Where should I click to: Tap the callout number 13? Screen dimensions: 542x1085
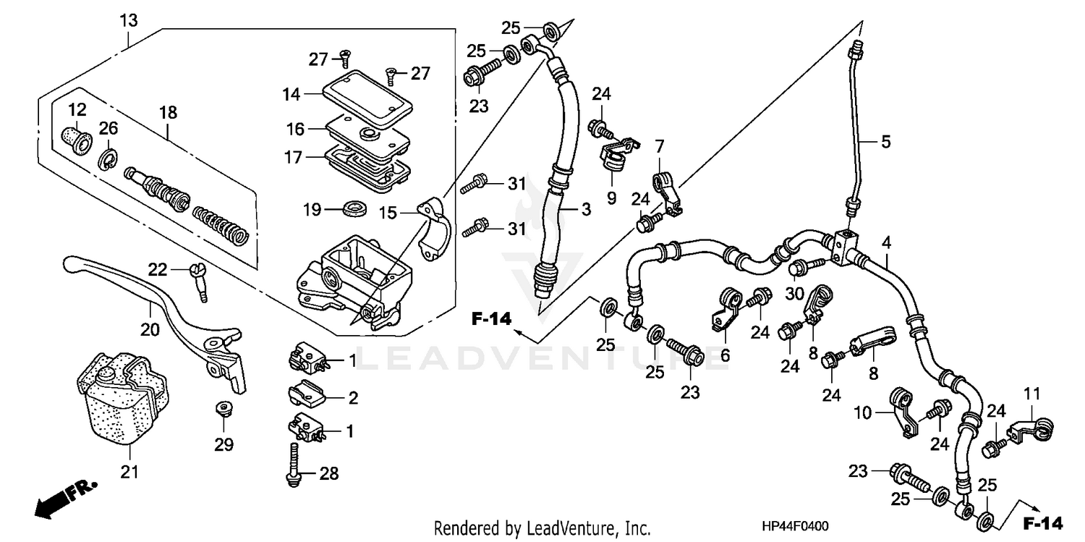(x=128, y=21)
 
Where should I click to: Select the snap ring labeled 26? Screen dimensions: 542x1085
(x=106, y=158)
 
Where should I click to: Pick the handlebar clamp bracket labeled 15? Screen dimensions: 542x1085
(x=435, y=228)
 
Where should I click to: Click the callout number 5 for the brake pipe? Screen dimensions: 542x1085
(x=885, y=143)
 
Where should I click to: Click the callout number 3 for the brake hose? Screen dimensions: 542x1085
(x=586, y=211)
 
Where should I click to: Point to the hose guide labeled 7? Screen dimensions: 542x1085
(x=667, y=190)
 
